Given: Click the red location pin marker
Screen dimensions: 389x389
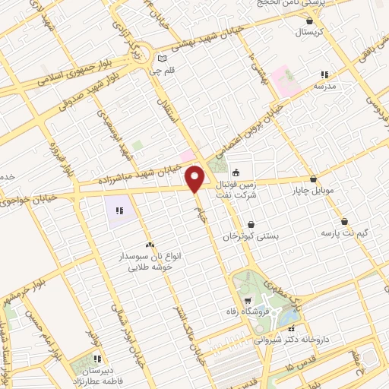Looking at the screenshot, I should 195,179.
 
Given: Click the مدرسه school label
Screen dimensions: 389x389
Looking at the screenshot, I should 324,87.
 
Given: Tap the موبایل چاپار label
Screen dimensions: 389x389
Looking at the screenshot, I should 313,191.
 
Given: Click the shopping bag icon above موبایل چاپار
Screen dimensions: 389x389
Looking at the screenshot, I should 312,178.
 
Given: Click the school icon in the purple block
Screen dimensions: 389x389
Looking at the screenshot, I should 119,210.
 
